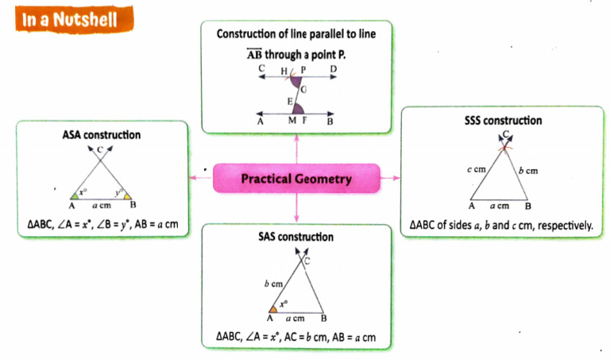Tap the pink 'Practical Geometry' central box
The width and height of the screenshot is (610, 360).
(x=295, y=180)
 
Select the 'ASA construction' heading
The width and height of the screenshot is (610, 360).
(x=101, y=135)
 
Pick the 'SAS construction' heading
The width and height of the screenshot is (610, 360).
(x=295, y=237)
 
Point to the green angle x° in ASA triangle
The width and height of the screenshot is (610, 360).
(x=74, y=193)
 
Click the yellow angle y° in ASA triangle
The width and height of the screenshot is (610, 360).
(x=122, y=193)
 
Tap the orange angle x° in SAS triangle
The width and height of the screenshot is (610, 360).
(x=273, y=307)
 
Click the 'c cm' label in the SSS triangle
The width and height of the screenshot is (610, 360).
(x=477, y=170)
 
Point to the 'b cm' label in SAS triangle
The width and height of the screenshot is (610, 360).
(x=273, y=282)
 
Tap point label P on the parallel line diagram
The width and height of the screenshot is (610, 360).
(x=303, y=71)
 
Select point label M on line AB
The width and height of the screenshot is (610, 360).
(x=291, y=120)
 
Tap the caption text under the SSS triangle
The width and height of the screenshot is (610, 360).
(x=501, y=226)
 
